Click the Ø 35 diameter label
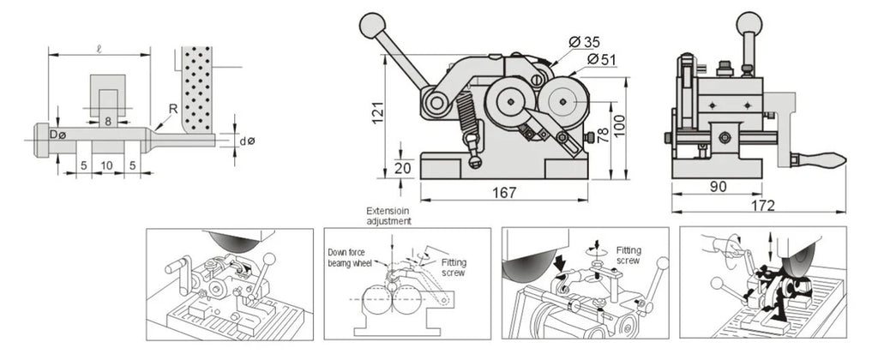tap(584, 42)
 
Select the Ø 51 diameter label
tap(603, 59)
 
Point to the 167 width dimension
tap(504, 192)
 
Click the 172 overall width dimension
tap(762, 206)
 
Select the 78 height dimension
tap(603, 135)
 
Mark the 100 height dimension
tap(619, 129)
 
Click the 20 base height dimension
tap(403, 167)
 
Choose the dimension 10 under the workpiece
tap(107, 165)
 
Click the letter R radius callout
tap(173, 109)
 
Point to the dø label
tap(247, 141)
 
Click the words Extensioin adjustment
tap(388, 215)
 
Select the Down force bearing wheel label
tap(350, 257)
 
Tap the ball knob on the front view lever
tap(372, 26)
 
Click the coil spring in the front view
tap(467, 116)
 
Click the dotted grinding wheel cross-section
tap(196, 89)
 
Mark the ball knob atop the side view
tap(749, 24)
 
